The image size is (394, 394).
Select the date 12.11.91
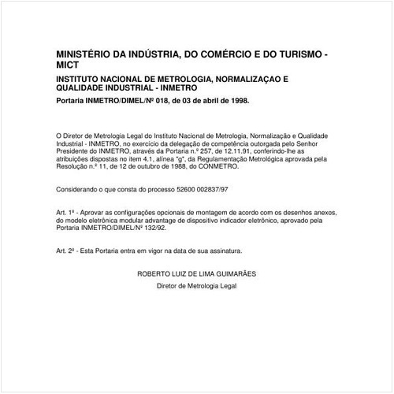[236, 151]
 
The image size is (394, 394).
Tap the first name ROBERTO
[154, 273]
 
